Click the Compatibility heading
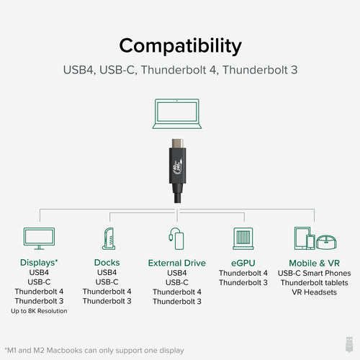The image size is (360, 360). pos(180,45)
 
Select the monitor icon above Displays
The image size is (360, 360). pos(39,238)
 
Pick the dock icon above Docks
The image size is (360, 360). pos(107,238)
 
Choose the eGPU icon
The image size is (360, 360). pos(243,238)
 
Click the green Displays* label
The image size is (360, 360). pos(39,262)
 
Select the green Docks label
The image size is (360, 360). pos(107,262)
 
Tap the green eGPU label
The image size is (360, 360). pos(243,262)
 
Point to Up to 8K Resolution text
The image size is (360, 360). pos(39,311)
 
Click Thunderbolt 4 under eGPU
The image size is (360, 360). pos(243,273)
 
